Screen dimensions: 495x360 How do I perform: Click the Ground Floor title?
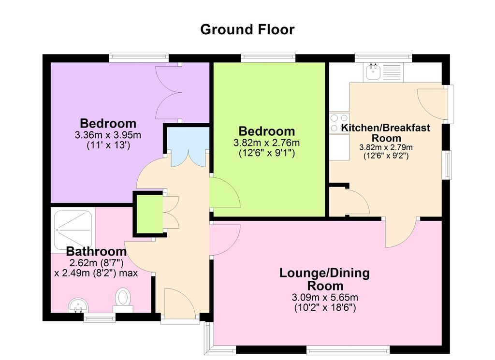coord(247,29)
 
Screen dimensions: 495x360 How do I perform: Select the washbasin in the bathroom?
coord(78,305)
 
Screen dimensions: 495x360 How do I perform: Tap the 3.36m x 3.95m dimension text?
coord(108,135)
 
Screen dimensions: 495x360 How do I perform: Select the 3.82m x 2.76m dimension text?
coord(266,143)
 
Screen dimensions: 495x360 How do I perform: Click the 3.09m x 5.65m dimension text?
coord(325,297)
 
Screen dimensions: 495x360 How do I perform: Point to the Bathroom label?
coord(96,251)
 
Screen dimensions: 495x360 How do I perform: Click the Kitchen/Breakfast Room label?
coord(386,133)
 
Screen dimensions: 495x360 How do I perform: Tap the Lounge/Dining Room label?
coord(324,279)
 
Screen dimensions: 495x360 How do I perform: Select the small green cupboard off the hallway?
coord(150,214)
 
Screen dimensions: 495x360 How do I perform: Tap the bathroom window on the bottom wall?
coord(100,318)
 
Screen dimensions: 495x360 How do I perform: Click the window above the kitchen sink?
coord(383,58)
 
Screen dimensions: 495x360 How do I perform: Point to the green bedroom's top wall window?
coord(268,58)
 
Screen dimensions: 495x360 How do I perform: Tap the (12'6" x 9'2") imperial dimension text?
coord(386,156)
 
